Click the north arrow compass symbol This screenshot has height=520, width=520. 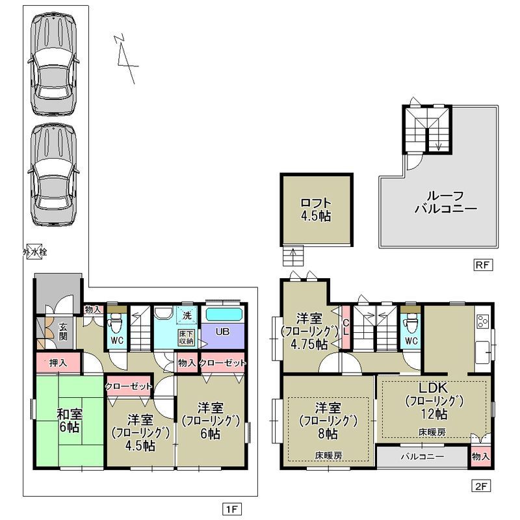pyautogui.click(x=125, y=58)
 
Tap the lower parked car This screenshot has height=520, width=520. pyautogui.click(x=54, y=175)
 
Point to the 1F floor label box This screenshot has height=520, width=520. pyautogui.click(x=232, y=508)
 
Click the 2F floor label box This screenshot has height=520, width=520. pyautogui.click(x=481, y=486)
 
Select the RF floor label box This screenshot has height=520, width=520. pyautogui.click(x=482, y=265)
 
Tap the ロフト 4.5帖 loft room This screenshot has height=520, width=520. pyautogui.click(x=317, y=209)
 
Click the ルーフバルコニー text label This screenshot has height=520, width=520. pyautogui.click(x=446, y=202)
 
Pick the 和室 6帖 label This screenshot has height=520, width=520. pyautogui.click(x=70, y=420)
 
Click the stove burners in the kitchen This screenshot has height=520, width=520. pyautogui.click(x=482, y=320)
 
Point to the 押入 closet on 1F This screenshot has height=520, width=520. pyautogui.click(x=58, y=363)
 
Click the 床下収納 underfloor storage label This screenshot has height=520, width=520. pyautogui.click(x=186, y=337)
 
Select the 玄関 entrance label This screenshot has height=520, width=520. pyautogui.click(x=62, y=331)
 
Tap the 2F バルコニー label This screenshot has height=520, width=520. pyautogui.click(x=422, y=457)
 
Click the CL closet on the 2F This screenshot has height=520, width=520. pyautogui.click(x=346, y=327)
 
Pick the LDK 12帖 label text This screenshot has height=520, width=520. pyautogui.click(x=434, y=400)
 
